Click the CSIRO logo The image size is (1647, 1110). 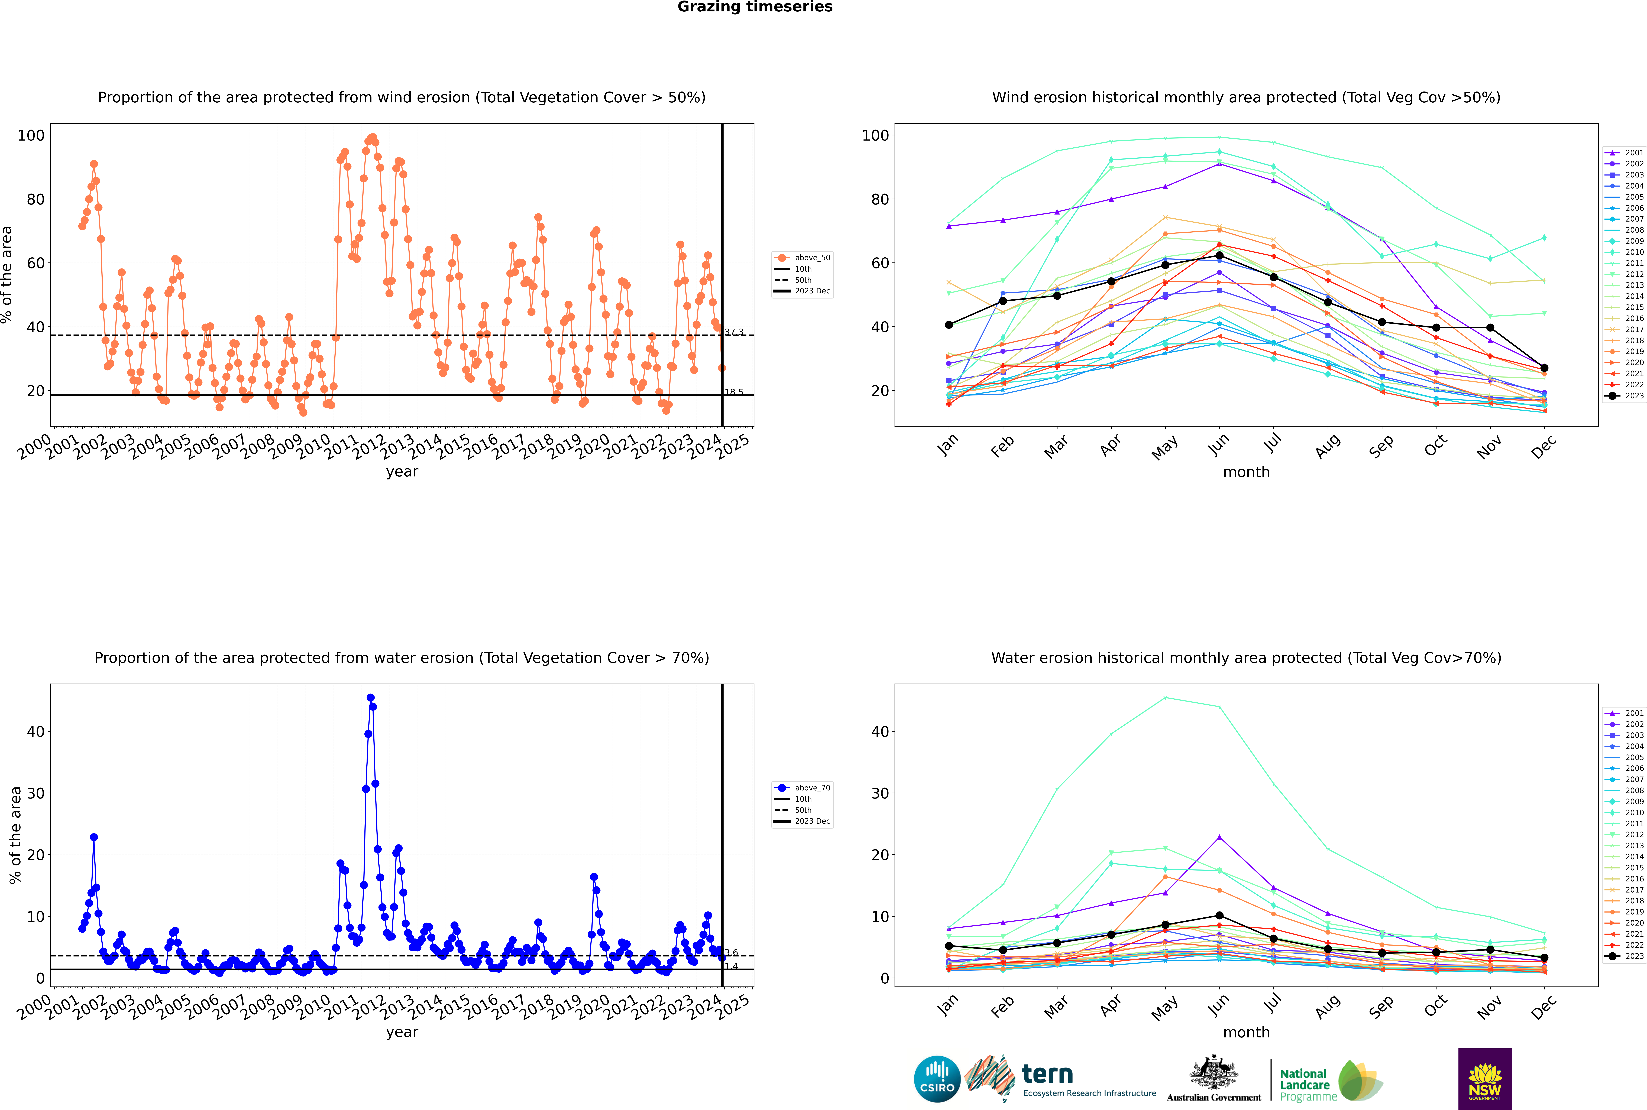click(x=937, y=1079)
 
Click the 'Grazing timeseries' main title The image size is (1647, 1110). click(x=755, y=7)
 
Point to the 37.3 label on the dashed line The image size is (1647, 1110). click(x=734, y=332)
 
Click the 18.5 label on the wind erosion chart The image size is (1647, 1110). click(x=734, y=392)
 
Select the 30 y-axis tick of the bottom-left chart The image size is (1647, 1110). click(x=35, y=793)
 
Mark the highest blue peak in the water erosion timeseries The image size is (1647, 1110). click(x=370, y=698)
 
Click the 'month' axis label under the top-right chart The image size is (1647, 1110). click(x=1246, y=472)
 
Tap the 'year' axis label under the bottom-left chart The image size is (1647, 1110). click(x=402, y=1032)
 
